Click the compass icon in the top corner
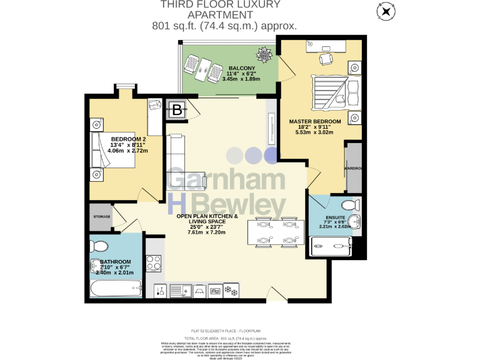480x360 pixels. (x=386, y=11)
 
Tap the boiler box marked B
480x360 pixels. (x=177, y=111)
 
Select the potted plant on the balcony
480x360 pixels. (x=266, y=55)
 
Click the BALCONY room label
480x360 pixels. (x=241, y=68)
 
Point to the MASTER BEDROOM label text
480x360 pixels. (x=314, y=121)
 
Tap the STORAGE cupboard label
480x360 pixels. (x=102, y=216)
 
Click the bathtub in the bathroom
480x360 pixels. (x=116, y=289)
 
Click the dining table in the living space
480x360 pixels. (x=272, y=232)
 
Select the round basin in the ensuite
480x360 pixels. (x=354, y=221)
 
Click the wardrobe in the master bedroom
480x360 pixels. (x=353, y=167)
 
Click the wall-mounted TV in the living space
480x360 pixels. (x=272, y=127)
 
